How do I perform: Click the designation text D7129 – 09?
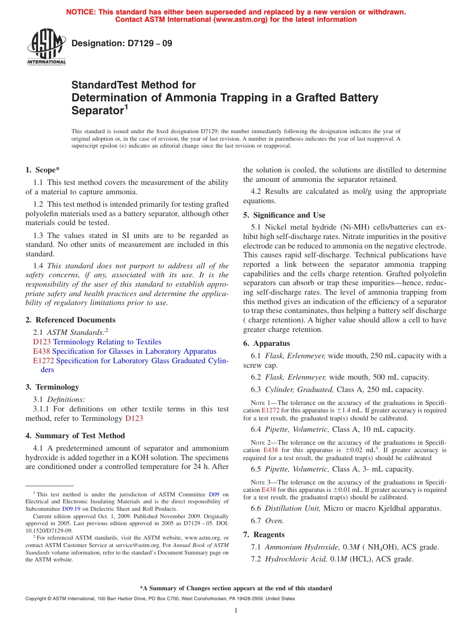122,43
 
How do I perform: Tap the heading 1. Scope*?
42,170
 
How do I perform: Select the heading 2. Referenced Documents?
70,320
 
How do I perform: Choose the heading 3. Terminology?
52,387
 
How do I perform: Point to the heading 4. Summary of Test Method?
75,436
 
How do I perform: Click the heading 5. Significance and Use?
284,215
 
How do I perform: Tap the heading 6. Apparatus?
267,343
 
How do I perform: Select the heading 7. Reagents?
264,535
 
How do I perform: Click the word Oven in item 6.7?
274,521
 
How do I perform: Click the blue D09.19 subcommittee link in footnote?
70,509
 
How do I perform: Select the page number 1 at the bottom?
236,611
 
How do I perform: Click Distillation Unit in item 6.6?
293,508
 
